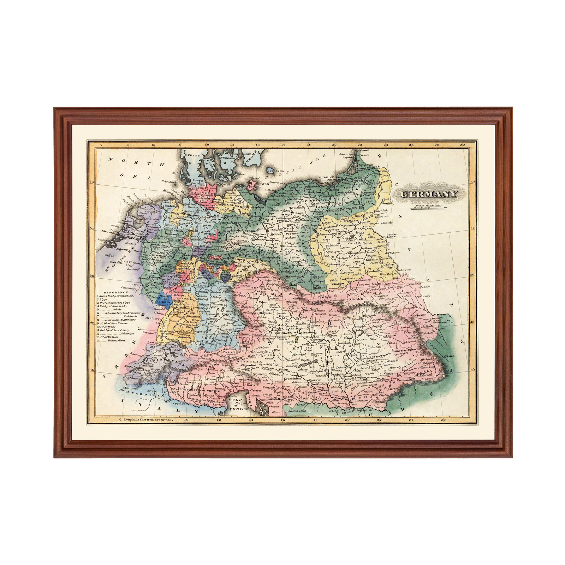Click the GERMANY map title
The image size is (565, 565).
(429, 194)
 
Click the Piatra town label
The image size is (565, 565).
(449, 356)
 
